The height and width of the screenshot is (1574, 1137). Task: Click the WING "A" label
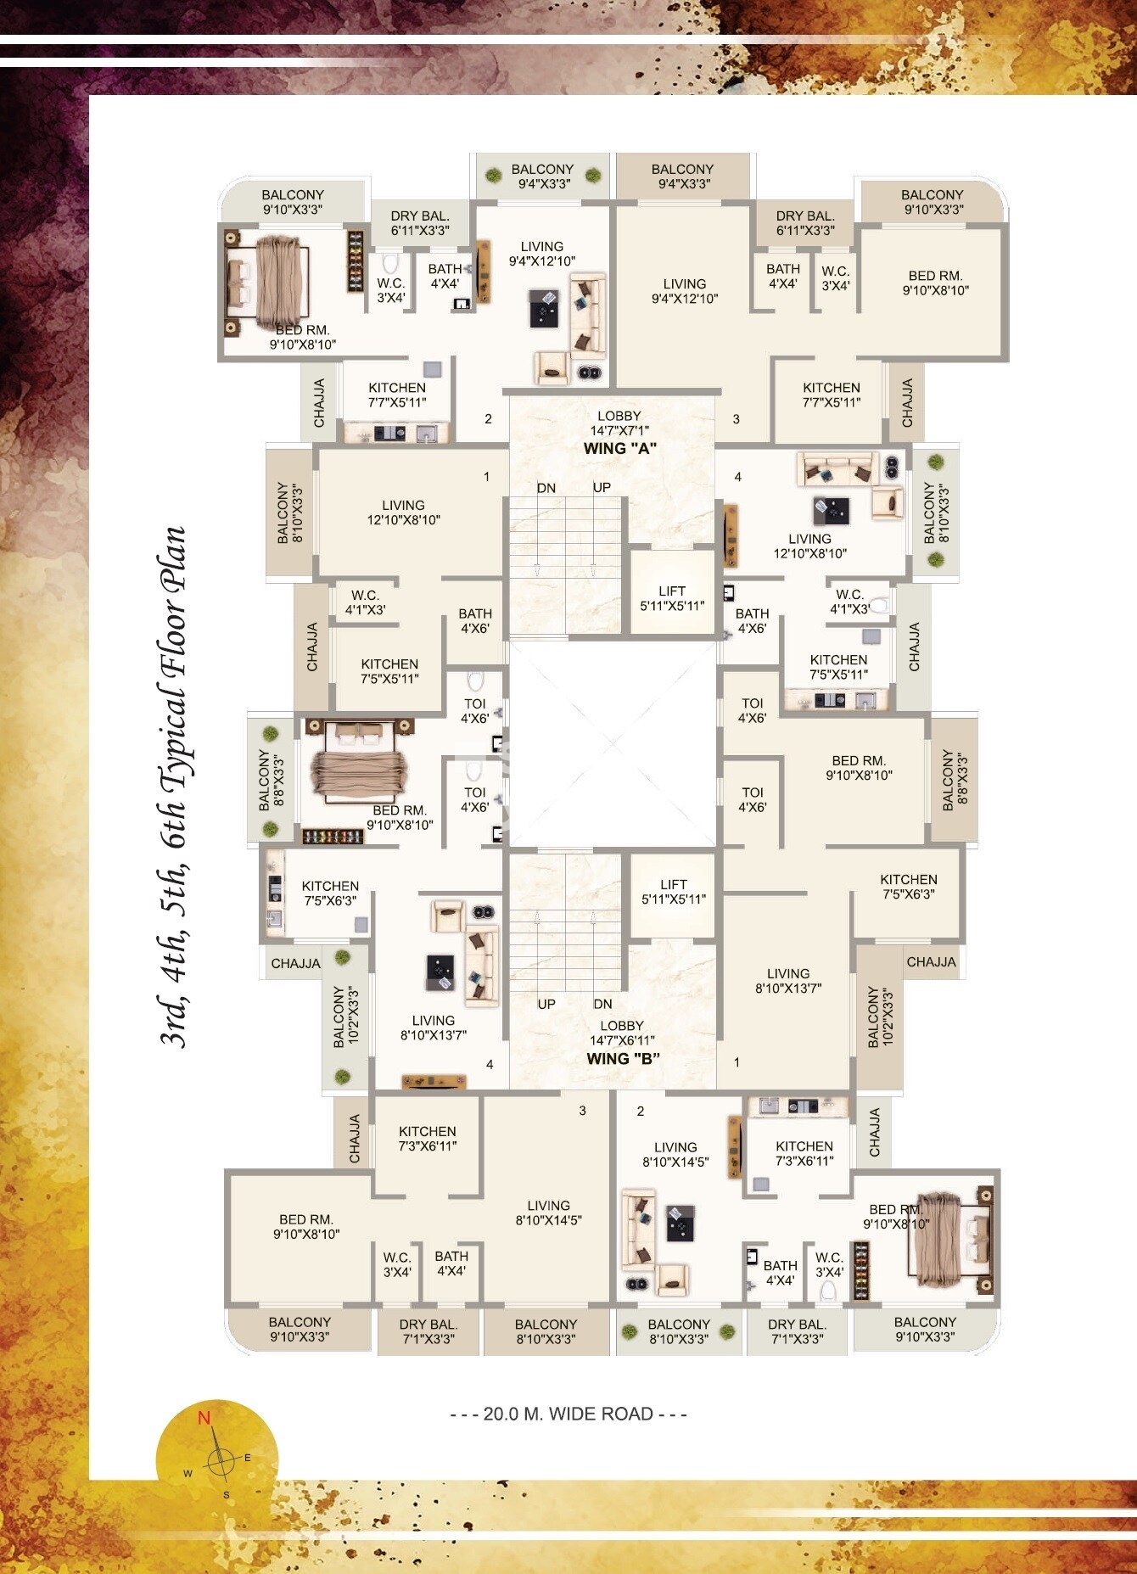pos(620,448)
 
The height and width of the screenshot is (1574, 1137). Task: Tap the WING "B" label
pos(623,1058)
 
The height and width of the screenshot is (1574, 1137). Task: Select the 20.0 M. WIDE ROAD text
pos(568,1414)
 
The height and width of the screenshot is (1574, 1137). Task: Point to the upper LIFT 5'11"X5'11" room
pos(672,598)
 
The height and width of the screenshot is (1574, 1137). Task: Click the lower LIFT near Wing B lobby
pos(673,892)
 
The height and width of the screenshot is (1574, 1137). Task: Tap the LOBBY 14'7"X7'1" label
pos(619,423)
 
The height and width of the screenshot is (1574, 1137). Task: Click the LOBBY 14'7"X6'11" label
pos(621,1033)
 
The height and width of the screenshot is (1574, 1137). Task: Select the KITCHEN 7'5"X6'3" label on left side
pos(330,893)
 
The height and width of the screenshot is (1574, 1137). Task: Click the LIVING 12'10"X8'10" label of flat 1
pos(403,513)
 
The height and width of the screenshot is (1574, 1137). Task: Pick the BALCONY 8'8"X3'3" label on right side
pos(955,780)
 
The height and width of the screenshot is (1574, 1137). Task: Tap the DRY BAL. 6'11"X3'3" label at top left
pos(420,223)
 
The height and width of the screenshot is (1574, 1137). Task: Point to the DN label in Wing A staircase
pos(546,488)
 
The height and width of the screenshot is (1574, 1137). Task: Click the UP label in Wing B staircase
pos(546,1004)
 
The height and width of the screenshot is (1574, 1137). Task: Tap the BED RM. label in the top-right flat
pos(935,283)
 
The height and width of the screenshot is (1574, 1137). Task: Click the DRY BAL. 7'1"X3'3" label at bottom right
pos(797,1331)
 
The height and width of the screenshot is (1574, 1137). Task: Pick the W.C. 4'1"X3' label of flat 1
pos(365,602)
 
